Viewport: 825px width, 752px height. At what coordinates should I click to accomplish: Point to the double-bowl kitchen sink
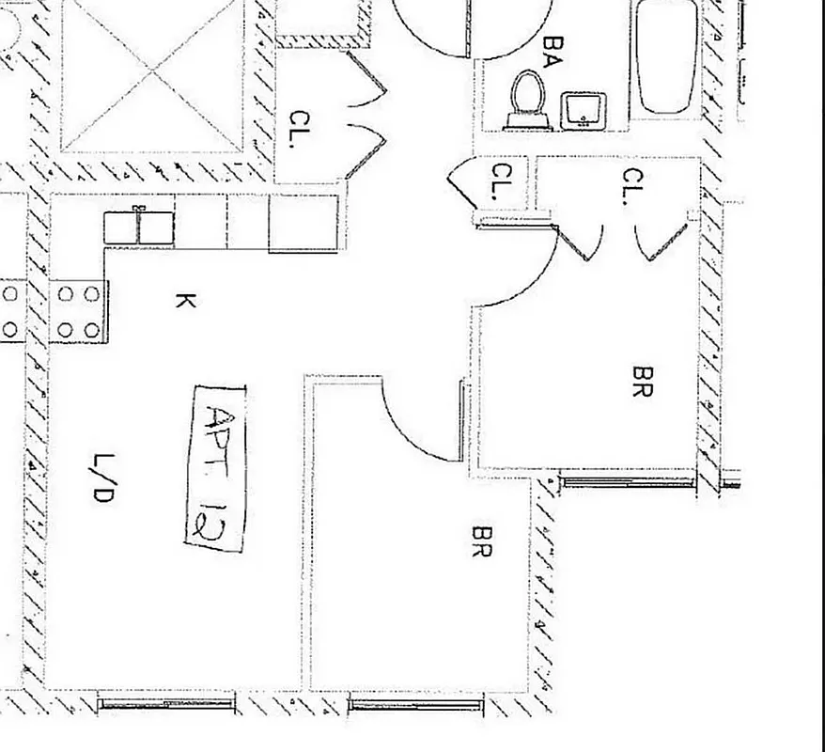[x=138, y=227]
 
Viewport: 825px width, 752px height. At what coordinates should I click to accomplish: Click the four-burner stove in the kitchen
[x=79, y=311]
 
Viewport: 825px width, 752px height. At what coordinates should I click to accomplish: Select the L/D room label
[x=103, y=478]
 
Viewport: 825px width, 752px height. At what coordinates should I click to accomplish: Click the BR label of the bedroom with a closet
[x=644, y=382]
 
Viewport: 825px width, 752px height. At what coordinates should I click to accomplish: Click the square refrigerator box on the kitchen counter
[x=303, y=222]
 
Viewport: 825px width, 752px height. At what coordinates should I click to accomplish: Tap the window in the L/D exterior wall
[x=167, y=701]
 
